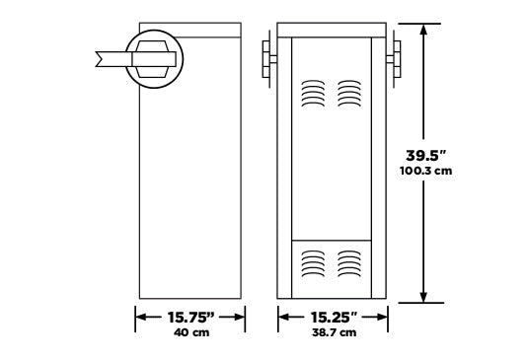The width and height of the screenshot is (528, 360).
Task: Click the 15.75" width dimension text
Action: (x=190, y=317)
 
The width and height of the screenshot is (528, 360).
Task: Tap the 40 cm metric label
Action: (x=191, y=332)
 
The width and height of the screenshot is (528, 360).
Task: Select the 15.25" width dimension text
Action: (x=334, y=317)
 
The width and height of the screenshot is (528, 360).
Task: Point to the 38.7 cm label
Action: (x=334, y=332)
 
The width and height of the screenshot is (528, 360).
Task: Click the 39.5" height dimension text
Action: (x=425, y=156)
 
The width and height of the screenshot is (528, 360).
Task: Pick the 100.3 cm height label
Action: (x=425, y=171)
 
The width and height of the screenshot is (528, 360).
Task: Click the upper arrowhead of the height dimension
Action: (x=423, y=30)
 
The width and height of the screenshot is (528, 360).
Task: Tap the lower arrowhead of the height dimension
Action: (x=423, y=297)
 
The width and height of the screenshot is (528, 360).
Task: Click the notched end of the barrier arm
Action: (x=100, y=59)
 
